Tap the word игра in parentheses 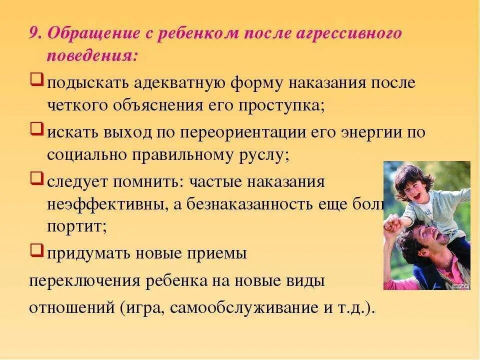pos(144,306)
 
